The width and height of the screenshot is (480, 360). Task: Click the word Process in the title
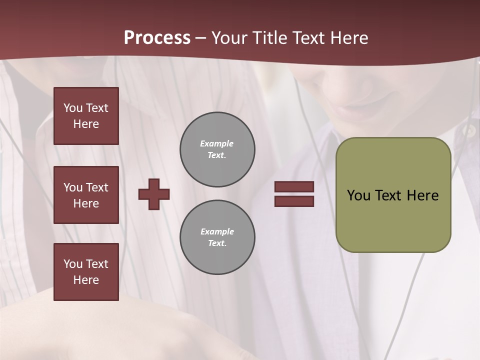coord(157,38)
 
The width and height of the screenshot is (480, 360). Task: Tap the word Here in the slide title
coord(348,38)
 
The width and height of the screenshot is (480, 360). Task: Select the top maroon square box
coord(86,116)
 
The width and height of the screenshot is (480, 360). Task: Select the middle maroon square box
coord(86,195)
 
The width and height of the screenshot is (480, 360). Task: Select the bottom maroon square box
coord(86,272)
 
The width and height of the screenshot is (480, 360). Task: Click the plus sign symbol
coord(154,194)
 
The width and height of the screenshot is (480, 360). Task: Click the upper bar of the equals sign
coord(294,187)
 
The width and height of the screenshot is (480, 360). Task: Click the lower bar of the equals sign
coord(294,201)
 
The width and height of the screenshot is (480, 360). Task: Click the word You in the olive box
coord(358,195)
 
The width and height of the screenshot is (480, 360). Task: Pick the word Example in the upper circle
coord(217,143)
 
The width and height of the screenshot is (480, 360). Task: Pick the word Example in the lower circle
coord(217,231)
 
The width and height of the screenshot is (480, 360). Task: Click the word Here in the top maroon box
coord(86,124)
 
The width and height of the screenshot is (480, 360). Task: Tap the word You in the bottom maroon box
coord(73,264)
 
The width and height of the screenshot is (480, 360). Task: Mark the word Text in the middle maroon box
coord(97,187)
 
